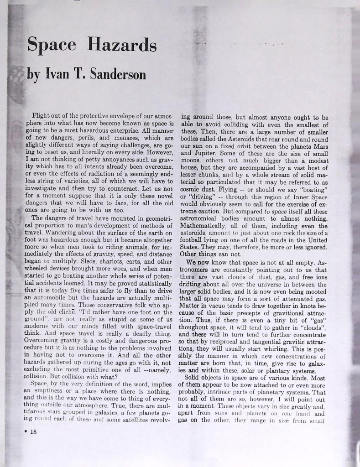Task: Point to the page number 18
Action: point(33,433)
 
